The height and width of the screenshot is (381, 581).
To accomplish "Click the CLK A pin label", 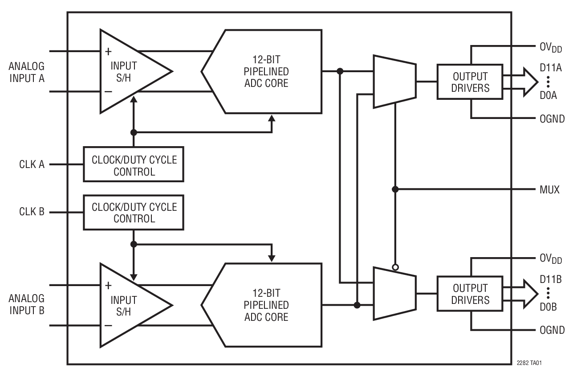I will [x=32, y=164].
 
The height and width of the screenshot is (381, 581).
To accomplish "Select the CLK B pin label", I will [x=32, y=212].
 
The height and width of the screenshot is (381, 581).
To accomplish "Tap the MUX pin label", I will [x=549, y=189].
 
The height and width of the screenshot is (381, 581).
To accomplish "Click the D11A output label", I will [x=550, y=68].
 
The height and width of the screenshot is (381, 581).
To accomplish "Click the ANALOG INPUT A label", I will [x=27, y=72].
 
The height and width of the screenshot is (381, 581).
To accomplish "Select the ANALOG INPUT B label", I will [x=27, y=304].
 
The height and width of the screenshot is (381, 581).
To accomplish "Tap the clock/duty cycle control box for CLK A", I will [x=134, y=164].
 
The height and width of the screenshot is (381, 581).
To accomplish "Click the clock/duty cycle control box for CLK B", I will [x=134, y=212].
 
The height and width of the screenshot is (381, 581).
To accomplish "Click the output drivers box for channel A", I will [x=470, y=82].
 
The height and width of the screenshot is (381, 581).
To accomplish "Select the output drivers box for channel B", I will [x=470, y=294].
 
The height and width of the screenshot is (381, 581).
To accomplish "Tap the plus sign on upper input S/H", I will [x=108, y=51].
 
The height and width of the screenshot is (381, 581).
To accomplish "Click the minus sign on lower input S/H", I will [x=108, y=326].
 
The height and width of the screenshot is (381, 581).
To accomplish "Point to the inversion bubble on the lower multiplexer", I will [x=395, y=267].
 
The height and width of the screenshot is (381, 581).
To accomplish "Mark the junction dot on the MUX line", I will [x=395, y=189].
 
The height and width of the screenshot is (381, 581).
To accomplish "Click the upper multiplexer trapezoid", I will [x=394, y=82].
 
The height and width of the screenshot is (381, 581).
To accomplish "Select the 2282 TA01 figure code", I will [x=529, y=362].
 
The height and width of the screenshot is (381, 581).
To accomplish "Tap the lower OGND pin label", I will [x=552, y=330].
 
